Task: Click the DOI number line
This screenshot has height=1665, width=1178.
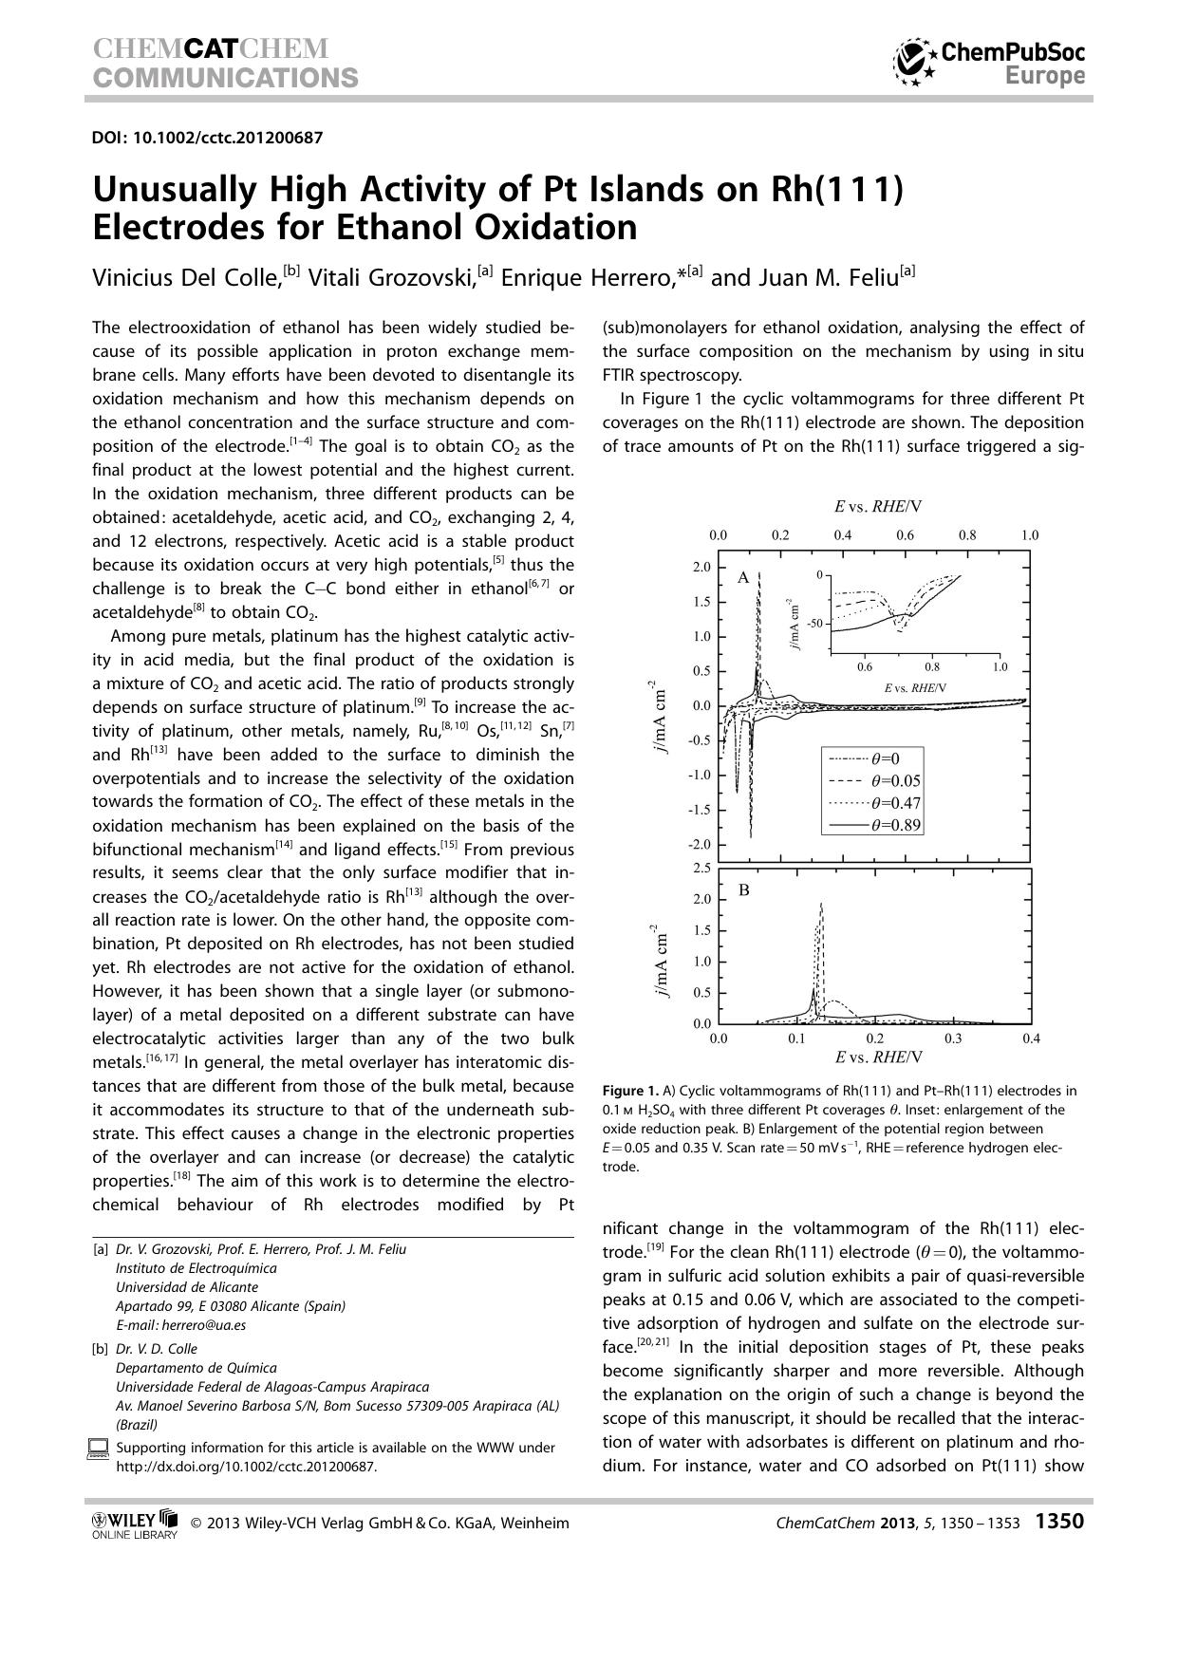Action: pos(207,138)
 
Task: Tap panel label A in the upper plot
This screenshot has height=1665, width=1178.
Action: pos(743,576)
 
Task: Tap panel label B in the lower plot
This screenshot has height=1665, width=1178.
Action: pos(743,889)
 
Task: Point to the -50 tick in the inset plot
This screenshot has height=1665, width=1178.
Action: pos(814,624)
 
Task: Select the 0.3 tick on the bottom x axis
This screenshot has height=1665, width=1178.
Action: pos(953,1038)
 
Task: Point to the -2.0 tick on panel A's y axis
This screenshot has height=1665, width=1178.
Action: pos(700,845)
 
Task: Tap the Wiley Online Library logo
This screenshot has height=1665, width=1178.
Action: pos(134,1523)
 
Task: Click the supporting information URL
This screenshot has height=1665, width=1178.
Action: pos(246,1466)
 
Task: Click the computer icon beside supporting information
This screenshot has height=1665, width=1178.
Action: pos(98,1449)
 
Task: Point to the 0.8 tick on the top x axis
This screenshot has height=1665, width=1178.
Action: pos(967,535)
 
